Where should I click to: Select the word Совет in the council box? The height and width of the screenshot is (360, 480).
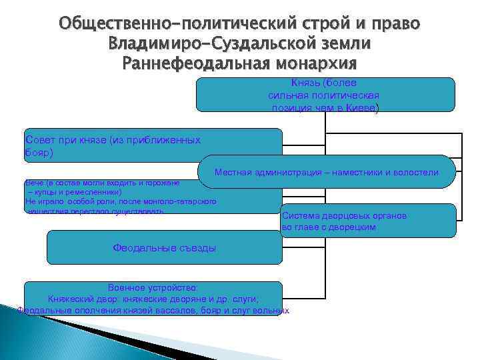click(x=38, y=140)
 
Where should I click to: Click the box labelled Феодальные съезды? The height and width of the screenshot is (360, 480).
click(x=165, y=248)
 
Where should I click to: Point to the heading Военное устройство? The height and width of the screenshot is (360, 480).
click(x=154, y=287)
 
